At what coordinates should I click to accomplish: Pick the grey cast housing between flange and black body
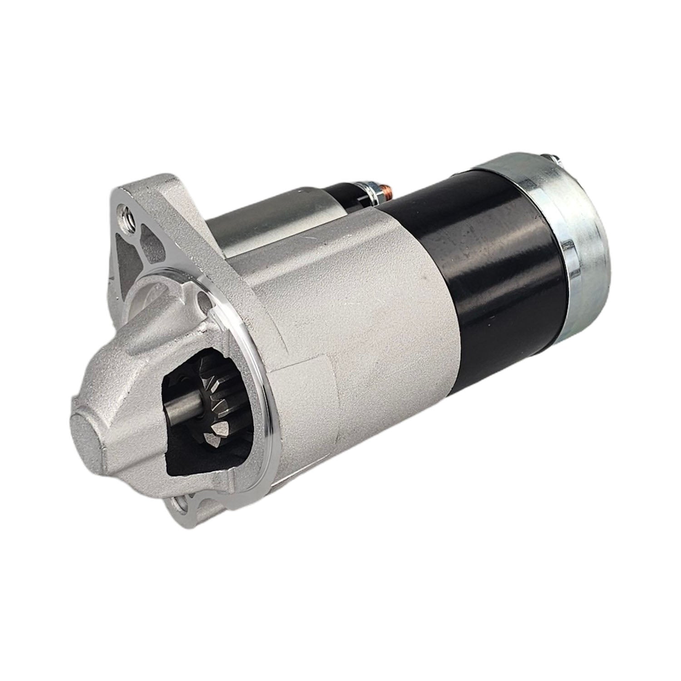coord(363,318)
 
